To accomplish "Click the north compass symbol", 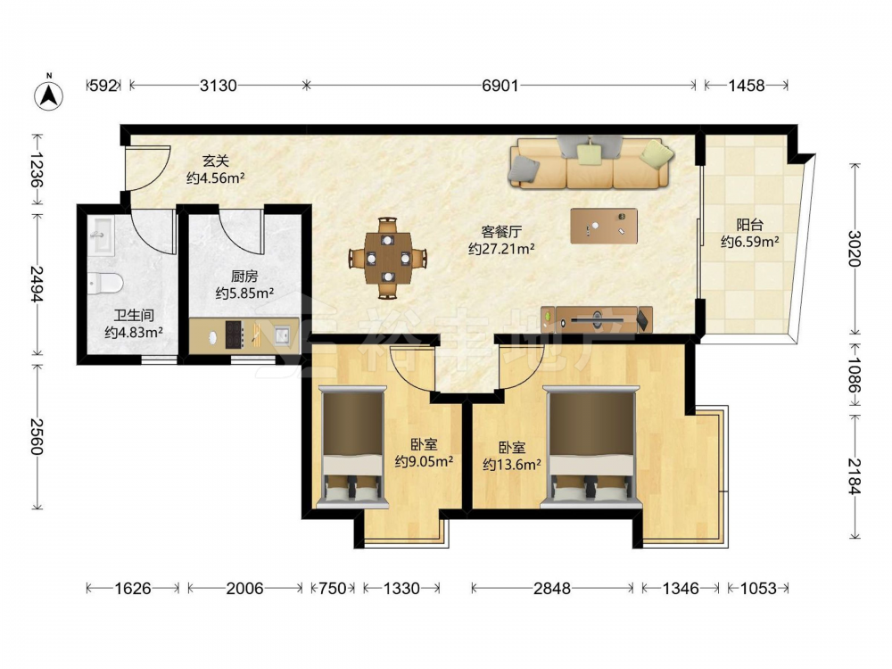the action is (x=49, y=95).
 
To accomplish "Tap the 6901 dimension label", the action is (x=500, y=86).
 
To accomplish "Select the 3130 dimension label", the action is (x=218, y=86).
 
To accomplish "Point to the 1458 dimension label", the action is (x=747, y=86).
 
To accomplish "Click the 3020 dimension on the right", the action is (x=855, y=249).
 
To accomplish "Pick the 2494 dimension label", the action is (x=37, y=285).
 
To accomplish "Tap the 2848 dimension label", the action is (x=552, y=588).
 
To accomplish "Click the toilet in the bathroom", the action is (x=105, y=283).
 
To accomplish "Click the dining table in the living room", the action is (x=388, y=259).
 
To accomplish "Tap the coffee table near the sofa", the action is (x=604, y=226).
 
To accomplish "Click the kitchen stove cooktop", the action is (x=235, y=334).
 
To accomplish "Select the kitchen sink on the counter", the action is (x=283, y=335).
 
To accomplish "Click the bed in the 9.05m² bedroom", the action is (x=352, y=447).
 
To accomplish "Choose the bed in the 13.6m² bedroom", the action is (x=591, y=447).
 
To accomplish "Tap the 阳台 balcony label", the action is (x=749, y=225).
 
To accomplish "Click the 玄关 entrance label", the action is (x=216, y=161).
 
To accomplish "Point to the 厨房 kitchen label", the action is (x=244, y=277).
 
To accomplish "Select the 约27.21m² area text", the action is (x=501, y=248).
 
